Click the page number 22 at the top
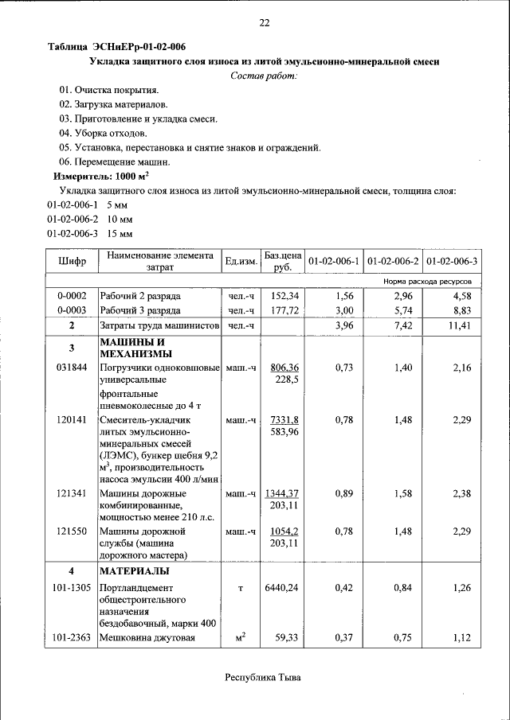[x=264, y=22]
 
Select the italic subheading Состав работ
[x=264, y=76]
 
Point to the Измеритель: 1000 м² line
[x=100, y=176]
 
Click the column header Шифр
[x=72, y=261]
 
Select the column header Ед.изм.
[x=241, y=261]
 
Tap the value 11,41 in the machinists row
[x=462, y=325]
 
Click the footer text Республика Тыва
[x=264, y=678]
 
